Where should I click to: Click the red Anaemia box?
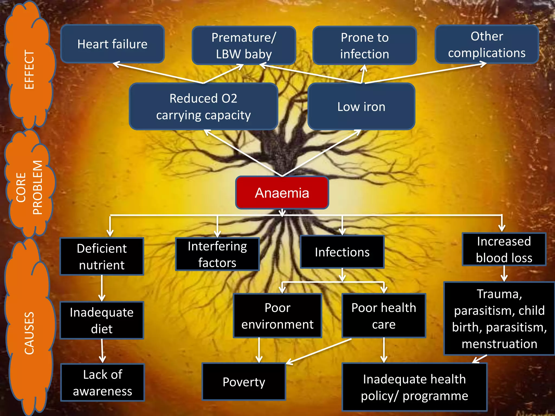pos(282,193)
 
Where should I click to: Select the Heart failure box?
pos(112,44)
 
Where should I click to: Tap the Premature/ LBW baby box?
pos(244,45)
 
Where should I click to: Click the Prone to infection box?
pos(364,45)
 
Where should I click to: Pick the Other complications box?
pos(487,44)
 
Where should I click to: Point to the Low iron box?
pos(361,106)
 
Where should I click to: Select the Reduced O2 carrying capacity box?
pos(204,106)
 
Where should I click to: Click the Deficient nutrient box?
pos(102,256)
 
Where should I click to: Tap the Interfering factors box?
pos(217,254)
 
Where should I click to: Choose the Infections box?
pos(342,252)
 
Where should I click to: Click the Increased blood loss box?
pos(504,249)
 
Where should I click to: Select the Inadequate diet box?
pos(102,320)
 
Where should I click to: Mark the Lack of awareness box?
pos(102,382)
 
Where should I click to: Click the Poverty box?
pos(244,382)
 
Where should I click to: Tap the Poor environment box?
pos(277,316)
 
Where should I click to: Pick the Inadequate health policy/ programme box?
pos(414,387)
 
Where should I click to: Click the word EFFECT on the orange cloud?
pos(29,70)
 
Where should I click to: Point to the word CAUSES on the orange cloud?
pos(29,333)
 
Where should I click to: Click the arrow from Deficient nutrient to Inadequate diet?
pos(102,288)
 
